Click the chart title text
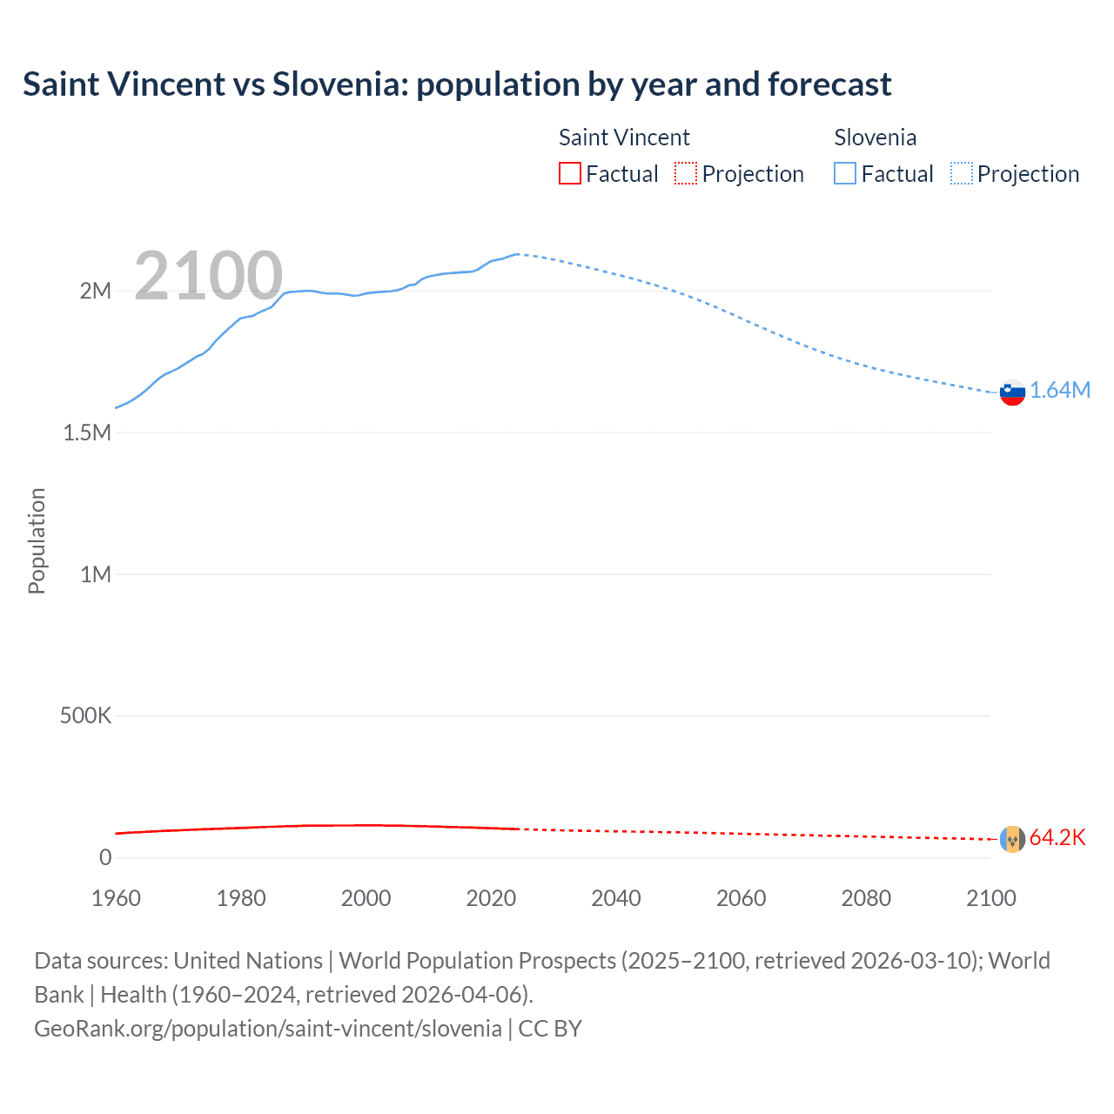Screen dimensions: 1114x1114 (457, 84)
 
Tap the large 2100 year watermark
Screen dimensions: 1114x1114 (208, 276)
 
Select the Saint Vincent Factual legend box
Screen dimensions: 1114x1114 (569, 174)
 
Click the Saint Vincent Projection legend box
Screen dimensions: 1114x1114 (686, 174)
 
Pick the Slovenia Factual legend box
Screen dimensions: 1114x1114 (844, 174)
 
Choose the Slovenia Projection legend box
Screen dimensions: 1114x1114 (961, 174)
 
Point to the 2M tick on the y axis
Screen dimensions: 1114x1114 (96, 291)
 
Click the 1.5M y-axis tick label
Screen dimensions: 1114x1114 (87, 433)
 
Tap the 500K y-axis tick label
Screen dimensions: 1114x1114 (85, 715)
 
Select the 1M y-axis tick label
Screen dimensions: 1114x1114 (96, 574)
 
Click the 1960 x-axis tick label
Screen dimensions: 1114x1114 (116, 898)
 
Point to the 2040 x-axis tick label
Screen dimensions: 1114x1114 (616, 898)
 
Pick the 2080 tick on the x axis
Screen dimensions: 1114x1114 (866, 898)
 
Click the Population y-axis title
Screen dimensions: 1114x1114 (37, 540)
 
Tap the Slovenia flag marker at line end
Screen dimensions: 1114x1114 (1012, 393)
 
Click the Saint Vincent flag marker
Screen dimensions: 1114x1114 (1012, 839)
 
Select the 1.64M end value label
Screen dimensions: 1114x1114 (1060, 390)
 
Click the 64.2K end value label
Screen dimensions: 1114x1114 (1057, 837)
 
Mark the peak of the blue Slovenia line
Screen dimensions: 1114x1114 (517, 254)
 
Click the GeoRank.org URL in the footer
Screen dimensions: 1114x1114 (268, 1028)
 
